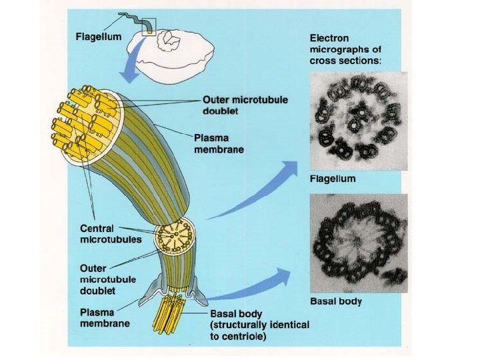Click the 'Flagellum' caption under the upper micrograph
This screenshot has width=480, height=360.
[x=333, y=179]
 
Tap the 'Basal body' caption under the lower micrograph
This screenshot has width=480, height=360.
[x=337, y=301]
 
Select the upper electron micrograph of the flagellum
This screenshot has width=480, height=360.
[x=359, y=119]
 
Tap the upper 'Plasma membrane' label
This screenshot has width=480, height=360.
[x=218, y=143]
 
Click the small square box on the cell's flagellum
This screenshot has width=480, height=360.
[x=147, y=25]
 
